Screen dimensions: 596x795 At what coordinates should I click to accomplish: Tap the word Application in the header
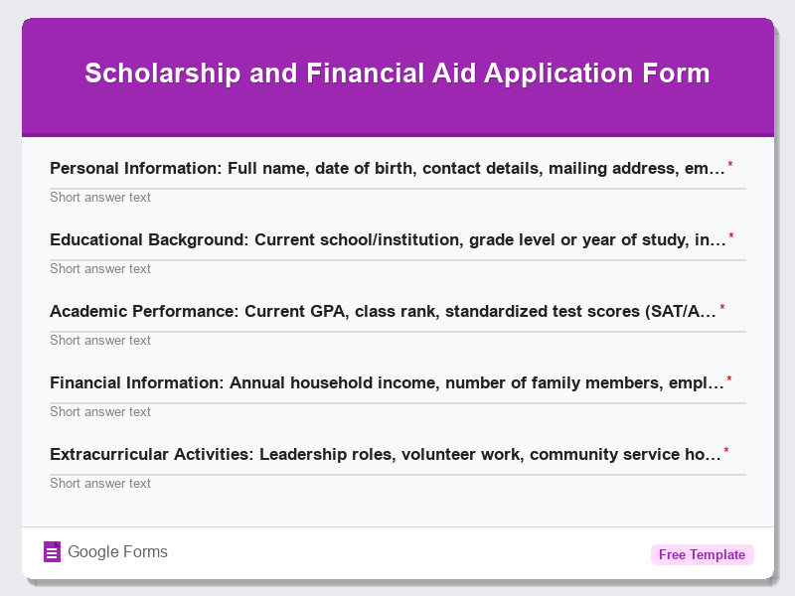coord(554,74)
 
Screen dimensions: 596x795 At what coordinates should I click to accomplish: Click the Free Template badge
coord(702,554)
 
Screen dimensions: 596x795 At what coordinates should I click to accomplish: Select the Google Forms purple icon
coord(53,552)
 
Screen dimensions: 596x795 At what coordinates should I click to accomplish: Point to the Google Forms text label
coord(117,552)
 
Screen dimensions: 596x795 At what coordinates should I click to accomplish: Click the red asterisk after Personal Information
coord(730,165)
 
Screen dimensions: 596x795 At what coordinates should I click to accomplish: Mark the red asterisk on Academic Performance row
coord(722,308)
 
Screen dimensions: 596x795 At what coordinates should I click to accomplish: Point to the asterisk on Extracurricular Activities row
coord(726,451)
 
